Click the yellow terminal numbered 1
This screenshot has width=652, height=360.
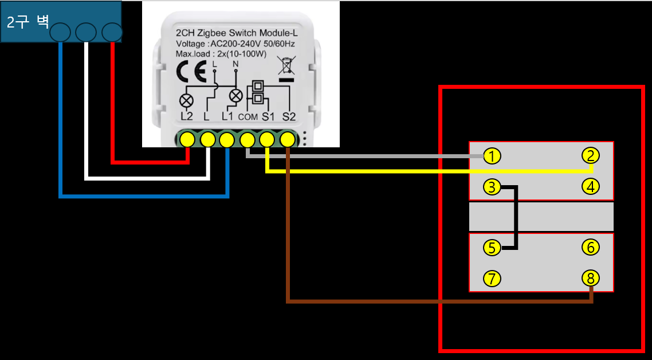point(492,156)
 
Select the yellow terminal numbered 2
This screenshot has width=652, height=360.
point(591,156)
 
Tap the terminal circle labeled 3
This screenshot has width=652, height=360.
point(492,187)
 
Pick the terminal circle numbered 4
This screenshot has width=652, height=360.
point(591,187)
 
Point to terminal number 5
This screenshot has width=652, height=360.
point(492,248)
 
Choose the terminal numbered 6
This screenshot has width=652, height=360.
point(591,248)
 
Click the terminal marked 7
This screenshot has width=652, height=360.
point(492,279)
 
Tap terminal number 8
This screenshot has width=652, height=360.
point(591,278)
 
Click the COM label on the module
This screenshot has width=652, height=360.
point(248,118)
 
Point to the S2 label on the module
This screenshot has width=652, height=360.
point(289,116)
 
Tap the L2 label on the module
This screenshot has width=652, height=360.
point(187,116)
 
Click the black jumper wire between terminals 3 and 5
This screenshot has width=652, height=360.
point(516,218)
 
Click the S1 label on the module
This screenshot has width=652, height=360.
point(268,116)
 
